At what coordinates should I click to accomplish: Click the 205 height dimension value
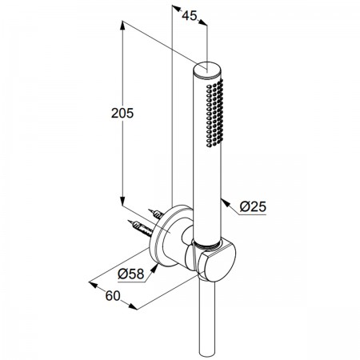click(x=122, y=114)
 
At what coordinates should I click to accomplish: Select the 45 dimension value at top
click(x=190, y=15)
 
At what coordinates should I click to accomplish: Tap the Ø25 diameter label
click(x=253, y=206)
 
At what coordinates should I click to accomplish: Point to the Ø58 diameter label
click(x=131, y=274)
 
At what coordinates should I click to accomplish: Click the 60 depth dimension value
click(x=113, y=296)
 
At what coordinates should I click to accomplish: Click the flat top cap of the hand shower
click(x=207, y=70)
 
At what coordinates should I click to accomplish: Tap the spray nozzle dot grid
click(x=214, y=113)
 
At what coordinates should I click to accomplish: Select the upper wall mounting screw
click(x=156, y=214)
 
